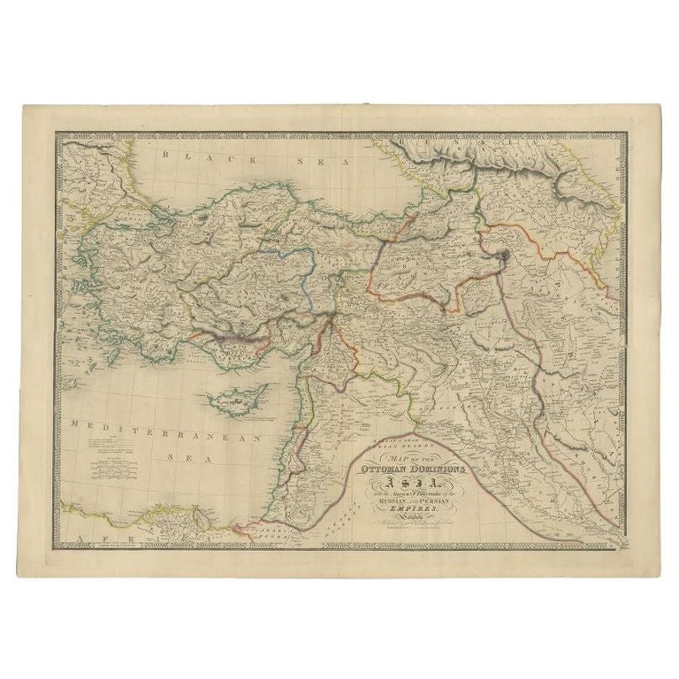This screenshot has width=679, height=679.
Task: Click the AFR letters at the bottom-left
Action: (x=94, y=537)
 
